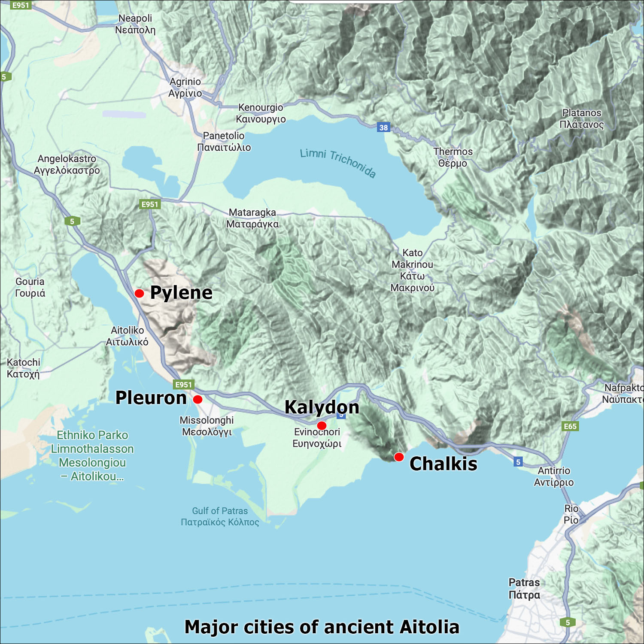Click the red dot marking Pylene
pyautogui.click(x=139, y=294)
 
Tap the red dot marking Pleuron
pyautogui.click(x=197, y=400)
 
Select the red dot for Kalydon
pyautogui.click(x=322, y=425)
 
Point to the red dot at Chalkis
pyautogui.click(x=399, y=457)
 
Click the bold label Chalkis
pyautogui.click(x=443, y=464)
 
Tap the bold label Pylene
pyautogui.click(x=181, y=293)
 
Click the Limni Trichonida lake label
pyautogui.click(x=338, y=163)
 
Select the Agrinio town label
pyautogui.click(x=185, y=87)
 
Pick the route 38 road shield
pyautogui.click(x=383, y=128)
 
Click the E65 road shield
pyautogui.click(x=570, y=426)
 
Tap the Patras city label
pyautogui.click(x=524, y=589)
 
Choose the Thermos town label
pyautogui.click(x=453, y=157)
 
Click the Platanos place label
pyautogui.click(x=582, y=118)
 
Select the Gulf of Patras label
pyautogui.click(x=220, y=516)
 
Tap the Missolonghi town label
pyautogui.click(x=207, y=426)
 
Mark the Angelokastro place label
pyautogui.click(x=67, y=164)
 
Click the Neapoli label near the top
pyautogui.click(x=135, y=24)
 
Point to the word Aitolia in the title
pyautogui.click(x=429, y=627)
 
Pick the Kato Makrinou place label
pyautogui.click(x=412, y=270)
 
